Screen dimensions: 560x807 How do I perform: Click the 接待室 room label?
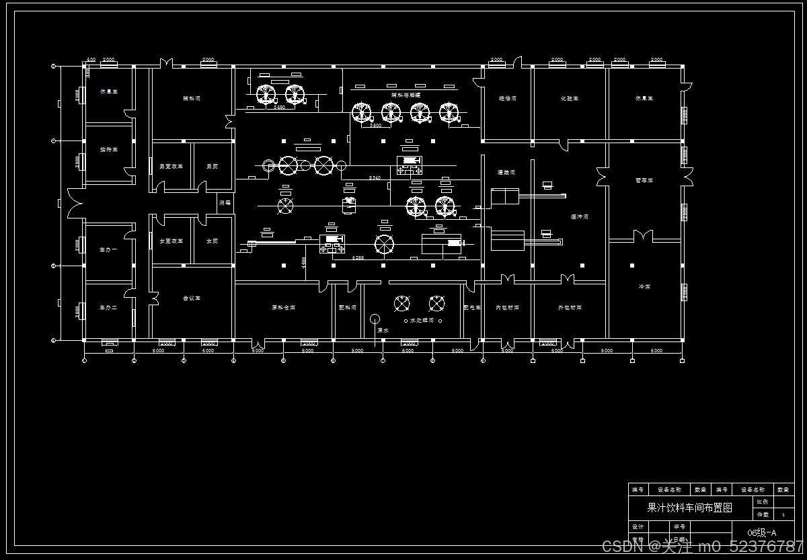click(109, 149)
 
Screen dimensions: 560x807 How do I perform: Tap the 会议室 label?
click(192, 298)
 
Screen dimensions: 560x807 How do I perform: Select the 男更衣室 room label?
click(171, 166)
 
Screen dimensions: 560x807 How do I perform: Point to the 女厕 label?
click(212, 241)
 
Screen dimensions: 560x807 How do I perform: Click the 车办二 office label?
click(109, 307)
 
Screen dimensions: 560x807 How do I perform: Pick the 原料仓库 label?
click(283, 307)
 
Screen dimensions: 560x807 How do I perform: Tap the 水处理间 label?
click(422, 321)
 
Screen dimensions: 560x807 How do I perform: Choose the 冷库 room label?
click(644, 287)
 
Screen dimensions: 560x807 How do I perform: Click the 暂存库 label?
click(644, 180)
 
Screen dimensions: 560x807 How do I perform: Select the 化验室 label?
click(570, 98)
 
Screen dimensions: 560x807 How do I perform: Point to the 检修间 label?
click(508, 98)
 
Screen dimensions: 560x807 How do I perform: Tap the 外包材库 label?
click(570, 307)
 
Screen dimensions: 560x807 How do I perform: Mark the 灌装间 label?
click(506, 173)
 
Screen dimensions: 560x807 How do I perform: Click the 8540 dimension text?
click(375, 177)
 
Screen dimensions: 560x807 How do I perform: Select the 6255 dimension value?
click(358, 258)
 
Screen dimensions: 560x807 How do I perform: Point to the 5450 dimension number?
click(278, 107)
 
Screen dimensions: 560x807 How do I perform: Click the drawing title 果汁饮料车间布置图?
click(689, 508)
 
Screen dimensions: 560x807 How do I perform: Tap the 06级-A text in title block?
click(761, 533)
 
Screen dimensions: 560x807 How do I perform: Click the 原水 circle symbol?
click(375, 319)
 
